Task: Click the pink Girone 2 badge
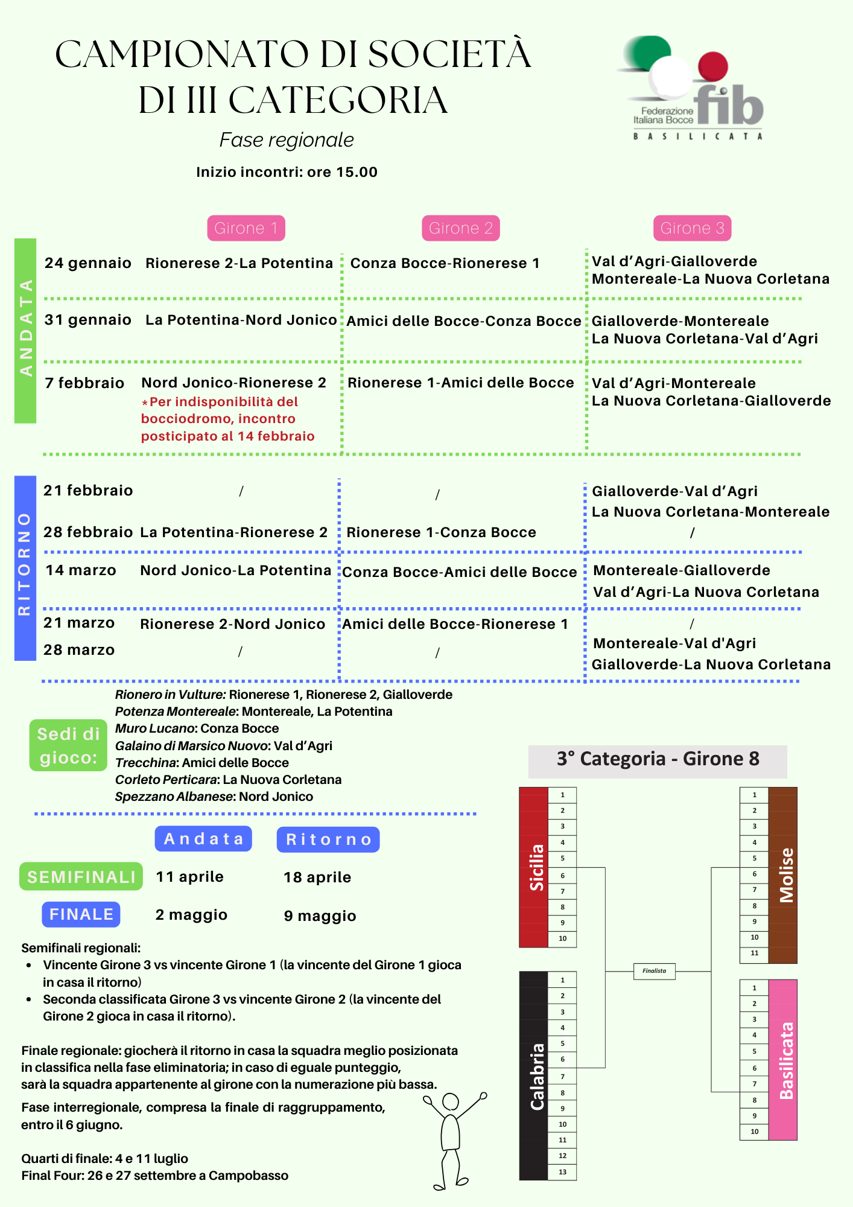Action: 460,228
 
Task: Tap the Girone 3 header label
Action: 692,228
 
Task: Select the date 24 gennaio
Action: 88,263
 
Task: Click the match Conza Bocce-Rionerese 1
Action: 445,263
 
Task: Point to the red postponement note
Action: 227,419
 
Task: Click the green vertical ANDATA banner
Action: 25,331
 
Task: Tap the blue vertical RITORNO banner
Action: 25,568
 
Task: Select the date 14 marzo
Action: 81,570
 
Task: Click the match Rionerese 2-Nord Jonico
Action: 232,624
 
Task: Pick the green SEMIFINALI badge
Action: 81,877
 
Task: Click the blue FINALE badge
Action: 81,914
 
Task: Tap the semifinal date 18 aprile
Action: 317,877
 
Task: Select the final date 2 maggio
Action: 191,915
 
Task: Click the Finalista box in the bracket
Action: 655,971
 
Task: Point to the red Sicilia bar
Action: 534,867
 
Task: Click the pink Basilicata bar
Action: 783,1060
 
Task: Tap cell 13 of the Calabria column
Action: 562,1172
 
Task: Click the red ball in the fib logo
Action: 712,66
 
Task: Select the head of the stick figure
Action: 451,1102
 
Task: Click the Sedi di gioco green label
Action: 68,745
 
